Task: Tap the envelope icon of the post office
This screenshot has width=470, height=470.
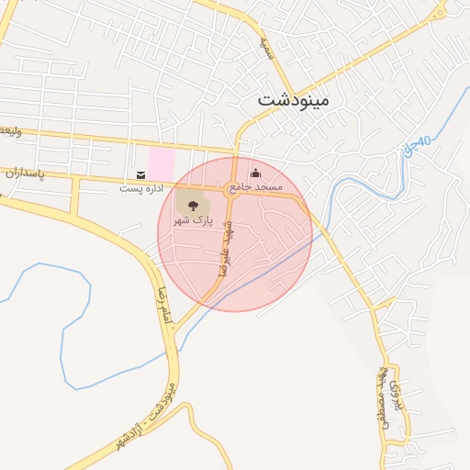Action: [x=140, y=174]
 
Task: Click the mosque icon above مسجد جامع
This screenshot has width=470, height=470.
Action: [x=255, y=173]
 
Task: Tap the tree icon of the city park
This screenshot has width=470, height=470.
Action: [x=193, y=207]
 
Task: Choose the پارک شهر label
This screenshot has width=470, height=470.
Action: [x=193, y=221]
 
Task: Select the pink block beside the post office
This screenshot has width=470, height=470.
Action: [x=162, y=164]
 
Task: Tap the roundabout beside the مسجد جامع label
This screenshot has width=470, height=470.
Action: [x=233, y=190]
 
